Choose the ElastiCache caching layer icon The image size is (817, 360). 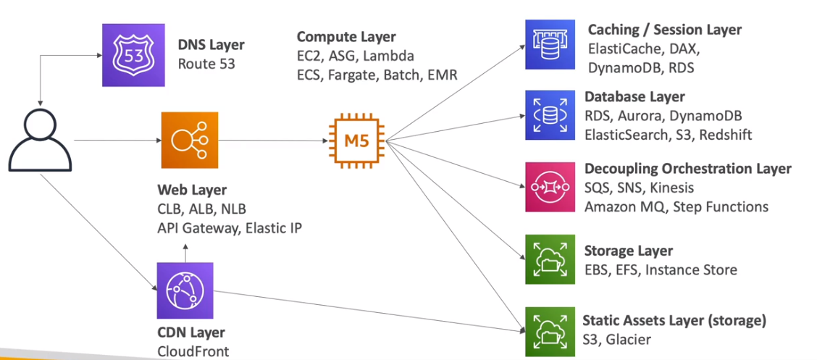550,45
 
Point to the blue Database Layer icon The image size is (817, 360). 550,114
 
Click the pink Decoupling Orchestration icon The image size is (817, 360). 550,187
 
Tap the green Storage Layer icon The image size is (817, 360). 550,259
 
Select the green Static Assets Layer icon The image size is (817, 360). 550,330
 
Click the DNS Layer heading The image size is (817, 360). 211,45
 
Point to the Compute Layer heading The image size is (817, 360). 346,37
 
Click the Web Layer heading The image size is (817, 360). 192,191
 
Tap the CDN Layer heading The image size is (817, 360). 190,333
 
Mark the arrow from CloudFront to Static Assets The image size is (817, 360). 362,310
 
